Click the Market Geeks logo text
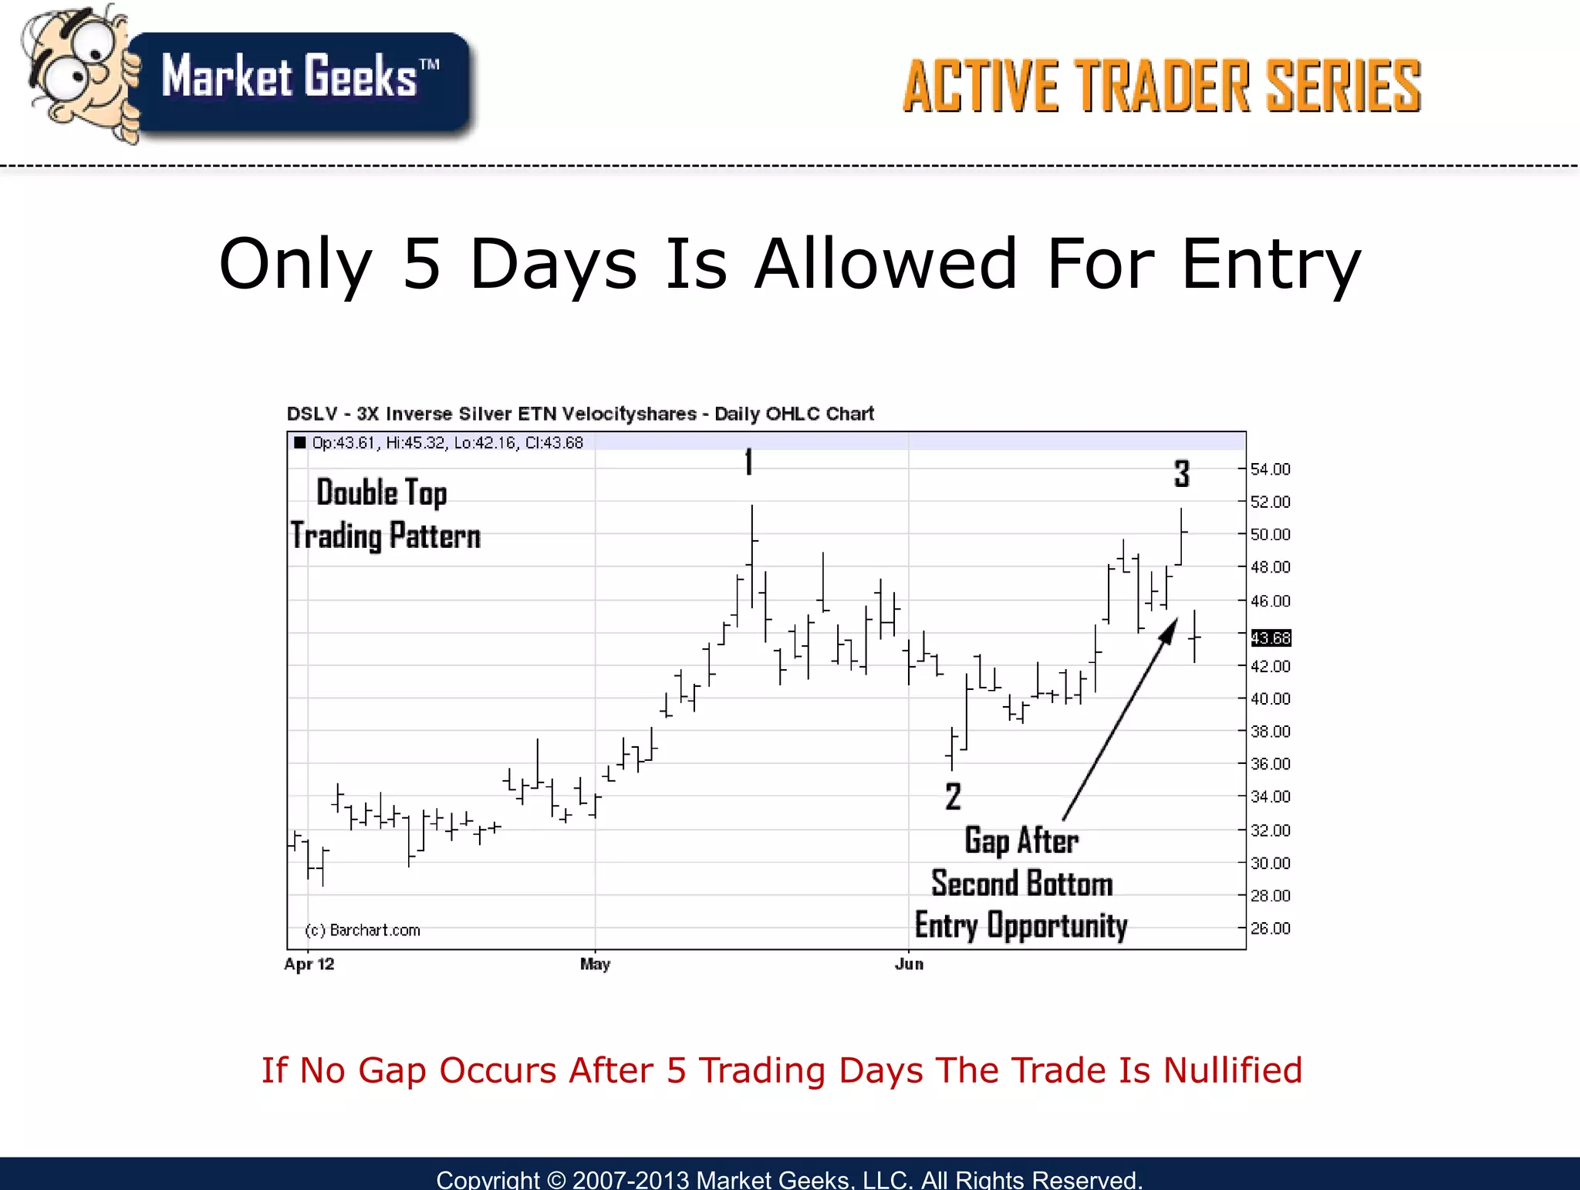299,77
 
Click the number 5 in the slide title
421,264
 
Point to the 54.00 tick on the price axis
1269,469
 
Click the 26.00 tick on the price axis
1269,928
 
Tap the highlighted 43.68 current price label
1270,638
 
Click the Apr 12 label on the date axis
309,964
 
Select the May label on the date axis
595,964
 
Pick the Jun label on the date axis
909,964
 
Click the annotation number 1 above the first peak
748,462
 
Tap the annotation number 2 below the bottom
954,796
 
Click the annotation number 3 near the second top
1182,473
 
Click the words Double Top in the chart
382,492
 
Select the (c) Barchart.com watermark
363,930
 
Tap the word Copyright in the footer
488,1179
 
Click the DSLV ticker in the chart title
312,414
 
